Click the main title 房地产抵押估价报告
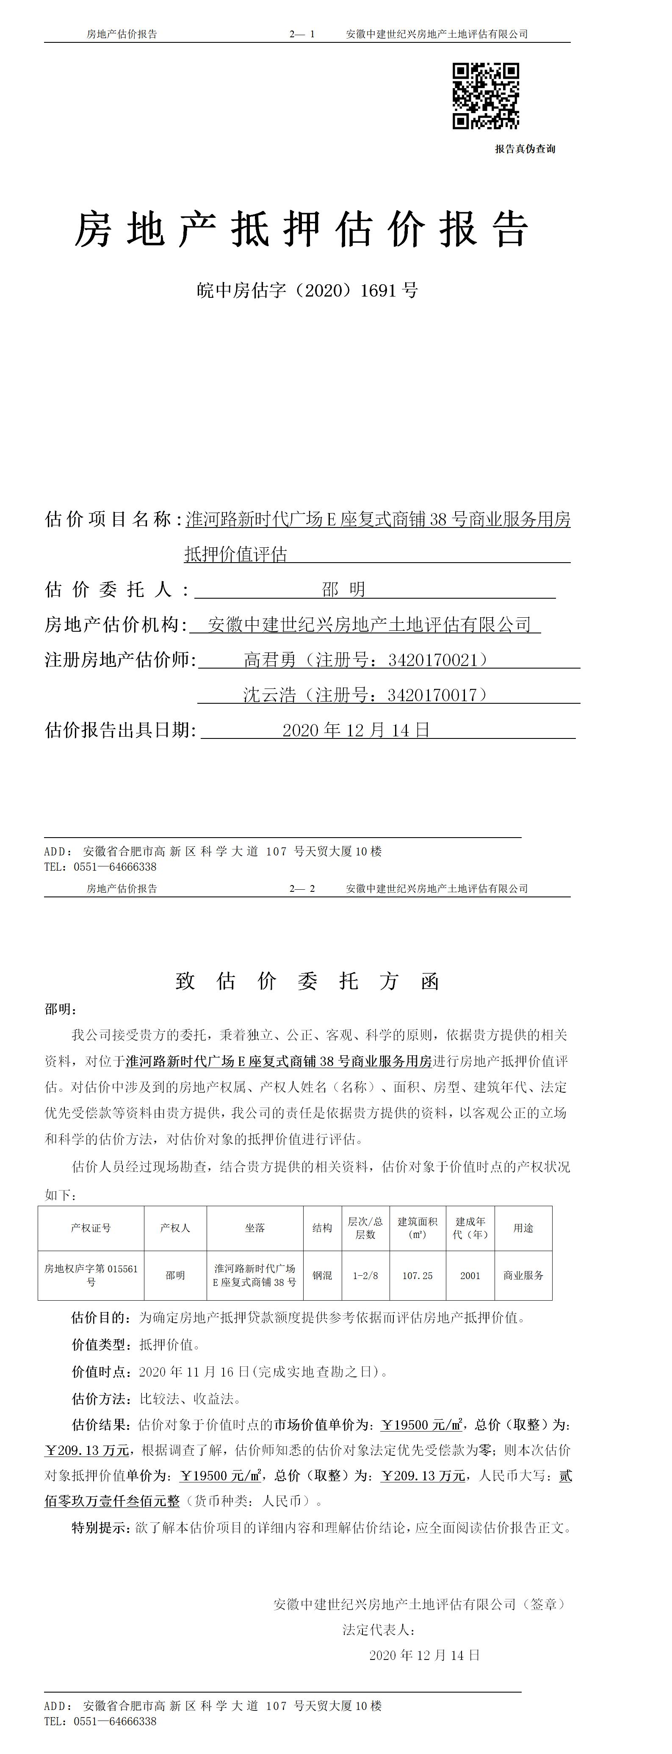pos(301,230)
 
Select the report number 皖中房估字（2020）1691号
pos(307,291)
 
